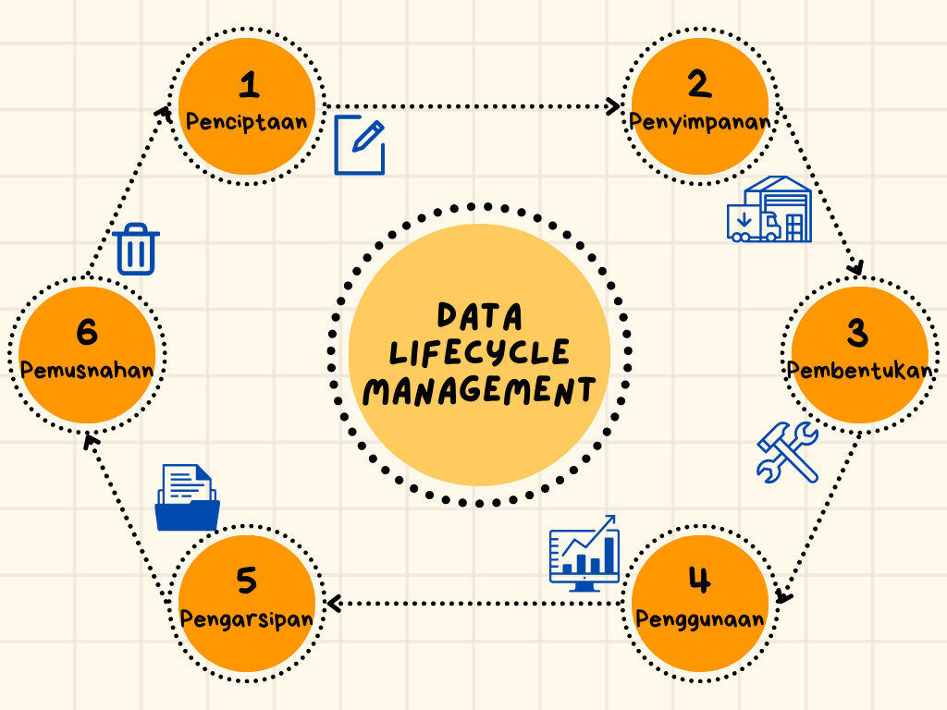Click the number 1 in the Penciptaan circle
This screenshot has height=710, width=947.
coord(248,86)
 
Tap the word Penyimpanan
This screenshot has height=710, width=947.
coord(700,122)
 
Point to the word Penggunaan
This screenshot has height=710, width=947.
coord(700,618)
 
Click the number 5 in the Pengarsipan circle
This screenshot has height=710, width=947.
coord(246,581)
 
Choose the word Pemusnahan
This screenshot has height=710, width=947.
coord(87,370)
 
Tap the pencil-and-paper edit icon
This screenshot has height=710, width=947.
coord(360,145)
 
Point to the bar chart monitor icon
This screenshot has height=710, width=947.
coord(584,554)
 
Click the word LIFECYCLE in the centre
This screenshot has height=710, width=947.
coord(480,352)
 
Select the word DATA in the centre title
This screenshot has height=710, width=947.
coord(480,316)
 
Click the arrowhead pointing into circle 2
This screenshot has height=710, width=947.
coord(613,106)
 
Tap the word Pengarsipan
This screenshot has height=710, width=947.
coord(246,618)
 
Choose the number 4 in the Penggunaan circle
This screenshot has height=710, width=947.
coord(699,581)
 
